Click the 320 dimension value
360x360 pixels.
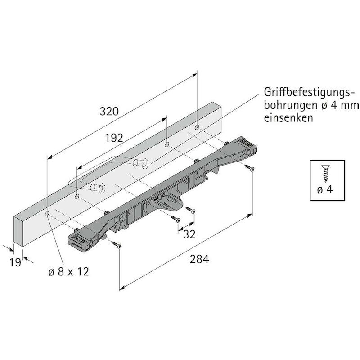(109, 111)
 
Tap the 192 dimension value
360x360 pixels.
(114, 138)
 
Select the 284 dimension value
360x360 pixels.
(199, 259)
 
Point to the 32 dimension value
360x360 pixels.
(189, 234)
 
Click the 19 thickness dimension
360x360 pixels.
(15, 262)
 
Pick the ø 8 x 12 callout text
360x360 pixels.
(69, 272)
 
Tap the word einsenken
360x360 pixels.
(288, 118)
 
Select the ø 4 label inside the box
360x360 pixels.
(325, 189)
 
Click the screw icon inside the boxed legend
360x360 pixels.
(326, 174)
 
